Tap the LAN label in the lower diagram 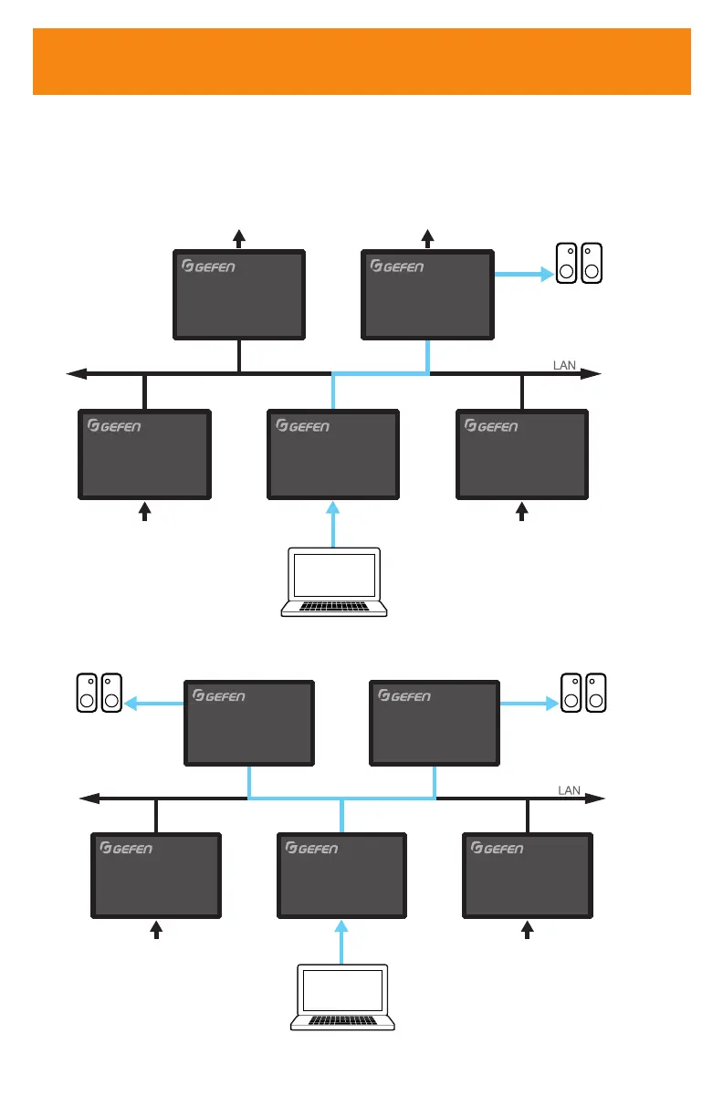click(570, 790)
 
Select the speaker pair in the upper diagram click(580, 263)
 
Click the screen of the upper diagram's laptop click(333, 575)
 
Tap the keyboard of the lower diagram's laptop click(342, 1017)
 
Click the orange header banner click(361, 61)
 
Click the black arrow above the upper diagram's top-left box click(239, 239)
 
